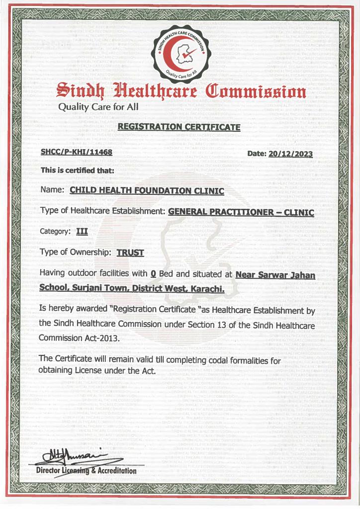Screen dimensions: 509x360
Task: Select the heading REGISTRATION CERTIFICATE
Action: pos(179,127)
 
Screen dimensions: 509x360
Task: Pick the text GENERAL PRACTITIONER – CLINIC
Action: pos(241,212)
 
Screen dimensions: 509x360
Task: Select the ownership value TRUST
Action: pos(130,253)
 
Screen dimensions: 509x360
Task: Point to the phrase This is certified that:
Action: pos(78,170)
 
